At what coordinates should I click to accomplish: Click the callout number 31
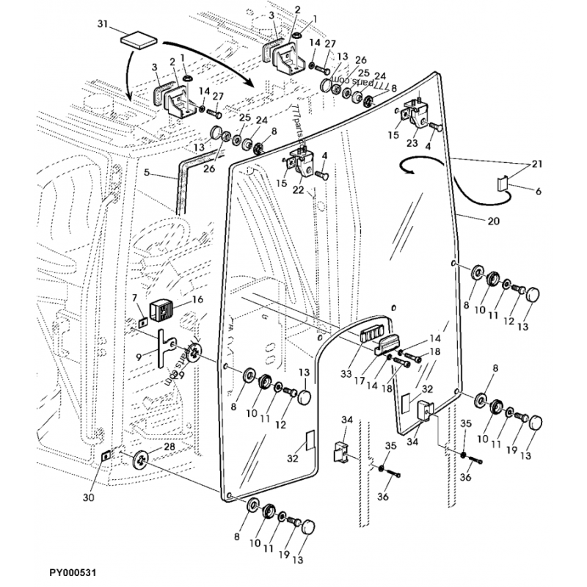pyautogui.click(x=103, y=23)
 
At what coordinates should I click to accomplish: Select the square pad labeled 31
pyautogui.click(x=138, y=37)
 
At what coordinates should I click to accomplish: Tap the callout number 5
pyautogui.click(x=147, y=173)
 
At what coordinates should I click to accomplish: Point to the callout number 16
pyautogui.click(x=197, y=299)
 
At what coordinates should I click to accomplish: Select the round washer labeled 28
pyautogui.click(x=140, y=459)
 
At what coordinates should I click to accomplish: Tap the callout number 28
pyautogui.click(x=168, y=446)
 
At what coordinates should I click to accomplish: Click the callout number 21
pyautogui.click(x=536, y=163)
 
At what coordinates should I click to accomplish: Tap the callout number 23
pyautogui.click(x=412, y=144)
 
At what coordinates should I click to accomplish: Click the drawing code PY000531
pyautogui.click(x=74, y=569)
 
